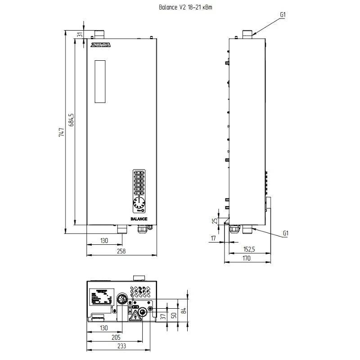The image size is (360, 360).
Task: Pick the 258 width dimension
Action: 121,251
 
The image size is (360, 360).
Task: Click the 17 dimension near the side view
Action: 213,238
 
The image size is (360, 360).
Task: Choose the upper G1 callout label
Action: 283,14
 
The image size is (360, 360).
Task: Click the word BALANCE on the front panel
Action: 139,219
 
